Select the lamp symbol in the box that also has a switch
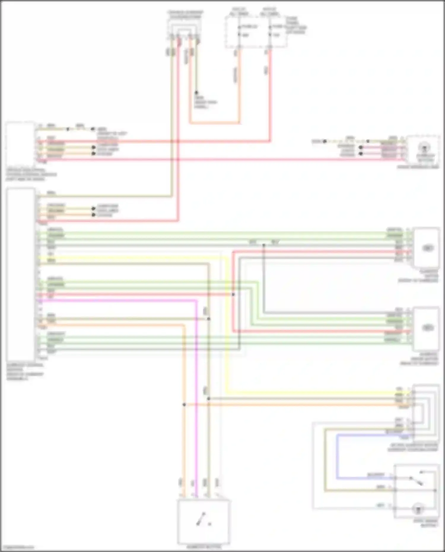click(418, 509)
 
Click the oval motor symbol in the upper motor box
click(427, 248)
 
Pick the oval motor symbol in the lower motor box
click(427, 327)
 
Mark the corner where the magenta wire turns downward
click(196, 300)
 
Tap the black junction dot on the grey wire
click(263, 245)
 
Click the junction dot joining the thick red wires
click(233, 294)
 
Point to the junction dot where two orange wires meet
click(184, 405)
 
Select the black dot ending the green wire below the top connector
click(196, 93)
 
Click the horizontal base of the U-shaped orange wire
click(214, 122)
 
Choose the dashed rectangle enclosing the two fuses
click(256, 32)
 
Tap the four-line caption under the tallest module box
click(25, 372)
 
